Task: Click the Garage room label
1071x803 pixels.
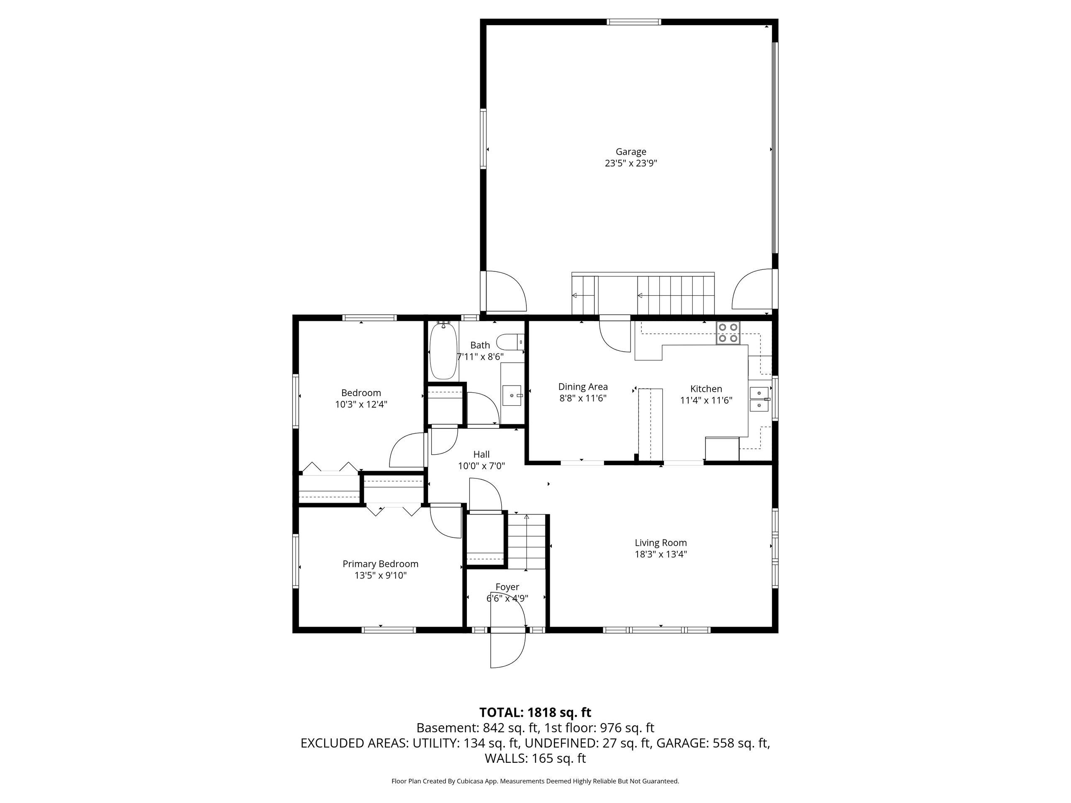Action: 630,152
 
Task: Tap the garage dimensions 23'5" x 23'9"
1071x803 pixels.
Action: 630,164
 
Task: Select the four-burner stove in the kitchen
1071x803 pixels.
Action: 729,332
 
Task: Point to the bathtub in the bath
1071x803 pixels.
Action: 443,350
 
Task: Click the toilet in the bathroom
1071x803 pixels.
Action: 510,342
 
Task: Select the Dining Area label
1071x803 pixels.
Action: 583,387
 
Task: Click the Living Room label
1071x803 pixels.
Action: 661,543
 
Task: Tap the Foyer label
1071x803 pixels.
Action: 507,587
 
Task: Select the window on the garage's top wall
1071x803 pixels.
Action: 634,22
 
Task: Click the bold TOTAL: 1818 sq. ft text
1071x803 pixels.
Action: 535,713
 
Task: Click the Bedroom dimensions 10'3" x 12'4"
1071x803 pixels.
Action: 361,405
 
